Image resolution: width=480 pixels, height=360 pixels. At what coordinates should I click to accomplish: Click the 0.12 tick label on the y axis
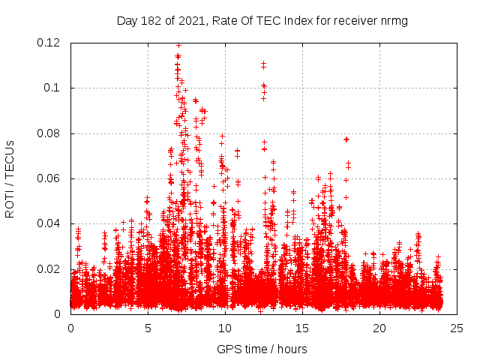pyautogui.click(x=49, y=43)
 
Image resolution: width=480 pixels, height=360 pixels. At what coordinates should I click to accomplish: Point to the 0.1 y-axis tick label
pyautogui.click(x=55, y=88)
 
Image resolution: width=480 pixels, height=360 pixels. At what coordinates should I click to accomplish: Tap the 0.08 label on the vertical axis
pyautogui.click(x=49, y=133)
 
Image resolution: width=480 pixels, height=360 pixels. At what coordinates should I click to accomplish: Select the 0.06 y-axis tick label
pyautogui.click(x=49, y=178)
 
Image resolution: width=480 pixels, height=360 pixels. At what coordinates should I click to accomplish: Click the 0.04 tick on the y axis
pyautogui.click(x=49, y=223)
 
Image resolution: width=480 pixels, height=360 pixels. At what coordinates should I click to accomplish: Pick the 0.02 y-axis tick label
pyautogui.click(x=49, y=268)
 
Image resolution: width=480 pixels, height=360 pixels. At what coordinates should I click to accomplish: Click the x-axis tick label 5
pyautogui.click(x=148, y=328)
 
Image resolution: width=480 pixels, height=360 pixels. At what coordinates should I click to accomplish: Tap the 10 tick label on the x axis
pyautogui.click(x=225, y=328)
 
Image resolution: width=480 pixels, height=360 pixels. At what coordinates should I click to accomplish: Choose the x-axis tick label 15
pyautogui.click(x=302, y=328)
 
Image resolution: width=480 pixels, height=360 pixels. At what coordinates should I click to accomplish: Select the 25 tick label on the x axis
pyautogui.click(x=457, y=328)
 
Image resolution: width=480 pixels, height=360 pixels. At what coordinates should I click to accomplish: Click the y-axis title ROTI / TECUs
pyautogui.click(x=10, y=178)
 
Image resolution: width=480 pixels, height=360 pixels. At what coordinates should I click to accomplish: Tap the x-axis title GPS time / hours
pyautogui.click(x=262, y=349)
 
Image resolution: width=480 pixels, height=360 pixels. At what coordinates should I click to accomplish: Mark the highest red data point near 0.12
pyautogui.click(x=178, y=45)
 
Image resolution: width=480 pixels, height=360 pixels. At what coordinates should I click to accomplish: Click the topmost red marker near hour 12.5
pyautogui.click(x=263, y=64)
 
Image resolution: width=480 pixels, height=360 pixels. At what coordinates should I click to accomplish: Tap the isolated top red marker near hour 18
pyautogui.click(x=346, y=139)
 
